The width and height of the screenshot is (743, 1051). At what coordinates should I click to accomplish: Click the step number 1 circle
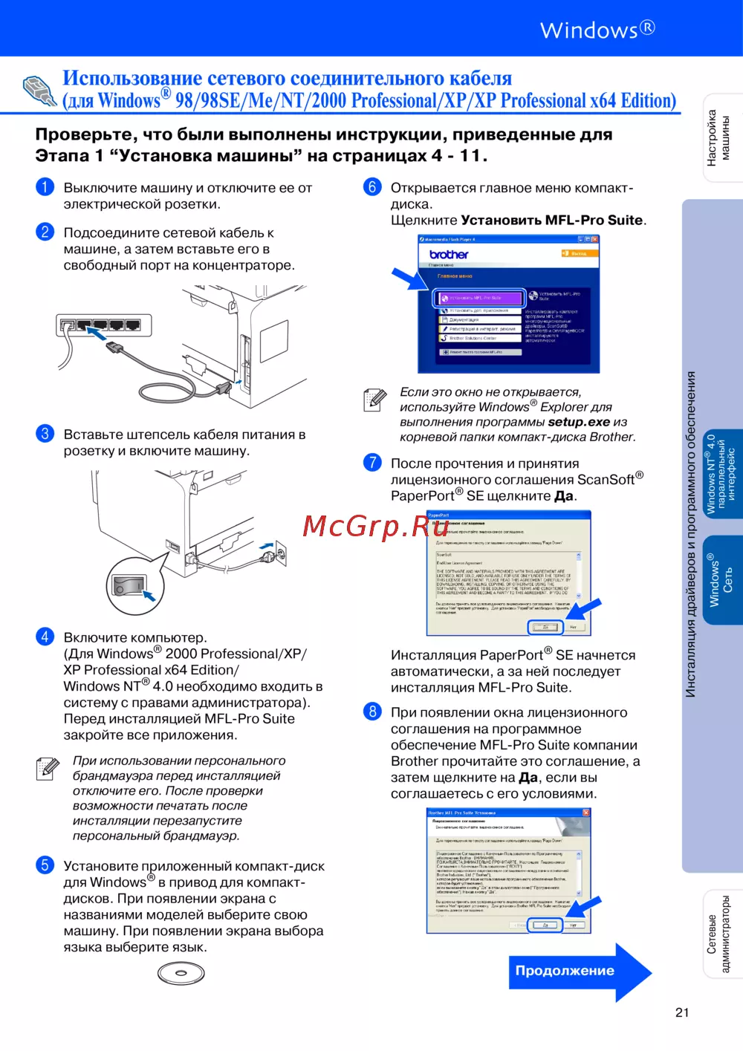click(45, 186)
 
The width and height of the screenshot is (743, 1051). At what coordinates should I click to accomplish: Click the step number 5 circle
click(45, 865)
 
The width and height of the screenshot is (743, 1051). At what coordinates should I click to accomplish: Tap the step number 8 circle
click(372, 712)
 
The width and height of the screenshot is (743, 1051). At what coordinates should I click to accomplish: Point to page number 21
click(682, 1012)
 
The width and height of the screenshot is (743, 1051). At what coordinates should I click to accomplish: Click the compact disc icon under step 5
click(181, 973)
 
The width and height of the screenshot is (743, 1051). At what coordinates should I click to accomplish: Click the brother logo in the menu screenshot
click(449, 255)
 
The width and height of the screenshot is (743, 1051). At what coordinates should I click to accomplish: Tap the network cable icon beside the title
click(39, 91)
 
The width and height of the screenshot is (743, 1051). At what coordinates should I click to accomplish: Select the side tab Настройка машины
click(718, 137)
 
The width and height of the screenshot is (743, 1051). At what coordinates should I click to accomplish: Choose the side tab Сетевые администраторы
click(718, 934)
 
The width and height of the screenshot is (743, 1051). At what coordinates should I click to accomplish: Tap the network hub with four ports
click(103, 325)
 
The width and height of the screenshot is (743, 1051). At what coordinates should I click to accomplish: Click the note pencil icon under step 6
click(374, 400)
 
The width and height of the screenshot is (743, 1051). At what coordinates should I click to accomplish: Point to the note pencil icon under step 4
click(48, 768)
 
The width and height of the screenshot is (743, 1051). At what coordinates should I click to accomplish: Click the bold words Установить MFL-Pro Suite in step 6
click(552, 220)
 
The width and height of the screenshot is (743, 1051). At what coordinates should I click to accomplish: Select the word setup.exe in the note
click(579, 422)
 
